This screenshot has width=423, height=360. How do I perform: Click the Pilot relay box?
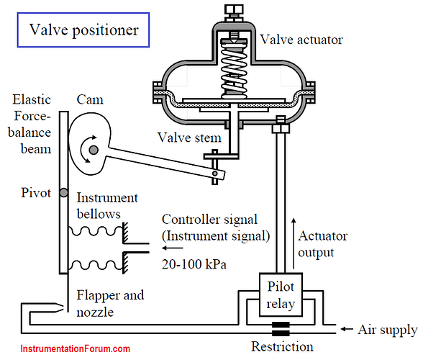(281, 294)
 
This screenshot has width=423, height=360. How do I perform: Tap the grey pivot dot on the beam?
(63, 192)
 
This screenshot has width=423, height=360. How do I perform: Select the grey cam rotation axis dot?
(94, 150)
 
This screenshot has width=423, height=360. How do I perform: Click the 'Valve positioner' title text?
(84, 30)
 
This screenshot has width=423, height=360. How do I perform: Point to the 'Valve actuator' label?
(301, 40)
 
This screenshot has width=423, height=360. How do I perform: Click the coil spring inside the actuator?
(234, 71)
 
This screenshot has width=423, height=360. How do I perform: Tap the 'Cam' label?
(90, 99)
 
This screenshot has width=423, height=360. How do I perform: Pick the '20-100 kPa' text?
(194, 264)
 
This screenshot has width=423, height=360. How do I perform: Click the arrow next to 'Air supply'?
(347, 329)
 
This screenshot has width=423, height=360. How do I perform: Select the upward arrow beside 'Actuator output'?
(294, 243)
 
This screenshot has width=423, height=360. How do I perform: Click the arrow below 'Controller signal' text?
(173, 248)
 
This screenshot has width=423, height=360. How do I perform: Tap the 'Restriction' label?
(282, 346)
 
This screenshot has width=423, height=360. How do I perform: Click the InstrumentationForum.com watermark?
(76, 348)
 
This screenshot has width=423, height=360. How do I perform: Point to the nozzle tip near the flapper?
(63, 307)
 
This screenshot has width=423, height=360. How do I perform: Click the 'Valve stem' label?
(189, 138)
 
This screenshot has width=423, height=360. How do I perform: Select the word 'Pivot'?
(36, 193)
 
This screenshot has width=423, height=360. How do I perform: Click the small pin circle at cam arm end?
(214, 174)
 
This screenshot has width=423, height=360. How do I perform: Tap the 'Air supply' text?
(388, 330)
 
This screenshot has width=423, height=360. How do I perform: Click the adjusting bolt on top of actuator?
(234, 12)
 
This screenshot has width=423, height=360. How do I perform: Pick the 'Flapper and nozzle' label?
(110, 304)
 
